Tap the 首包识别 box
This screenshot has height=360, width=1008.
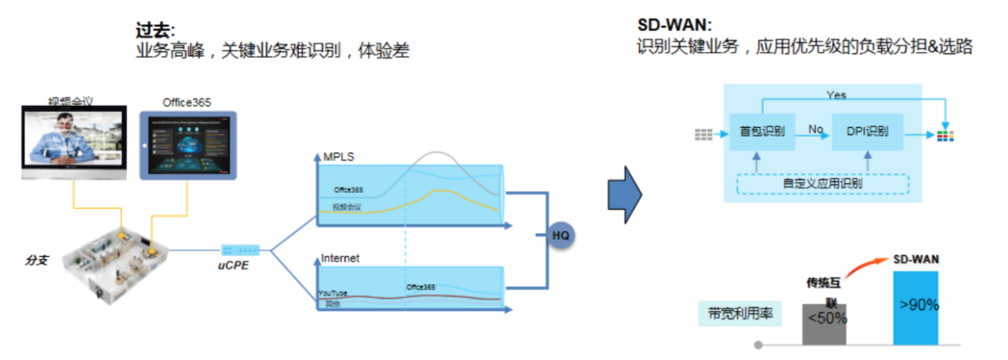coord(762,131)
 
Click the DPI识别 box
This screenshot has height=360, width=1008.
coord(867,131)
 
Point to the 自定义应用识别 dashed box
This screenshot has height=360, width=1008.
coord(822,184)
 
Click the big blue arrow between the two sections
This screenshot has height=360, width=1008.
coord(624,194)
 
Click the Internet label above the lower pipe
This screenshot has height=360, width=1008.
coord(340,258)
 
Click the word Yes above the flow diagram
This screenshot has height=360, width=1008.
coord(836,95)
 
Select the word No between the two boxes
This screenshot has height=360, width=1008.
coord(815,128)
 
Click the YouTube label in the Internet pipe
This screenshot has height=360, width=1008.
coord(332,293)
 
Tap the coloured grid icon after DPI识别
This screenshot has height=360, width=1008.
coord(945,135)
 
